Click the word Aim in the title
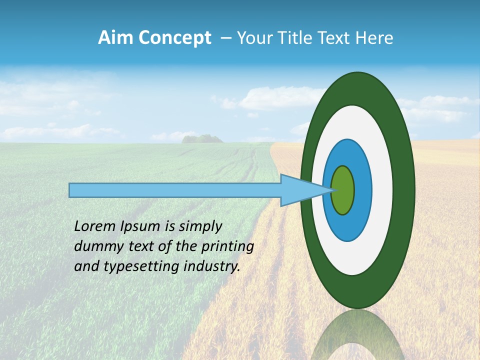pyautogui.click(x=116, y=38)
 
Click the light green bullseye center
pyautogui.click(x=343, y=190)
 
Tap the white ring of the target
pyautogui.click(x=382, y=190)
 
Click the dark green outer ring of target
pyautogui.click(x=404, y=190)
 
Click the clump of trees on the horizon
pyautogui.click(x=202, y=138)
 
